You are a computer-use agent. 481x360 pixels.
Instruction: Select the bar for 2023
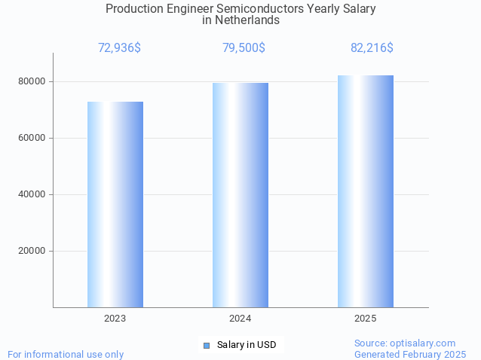tap(115, 204)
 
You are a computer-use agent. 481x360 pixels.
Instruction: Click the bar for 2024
tap(240, 195)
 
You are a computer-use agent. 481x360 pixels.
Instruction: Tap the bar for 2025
tap(366, 191)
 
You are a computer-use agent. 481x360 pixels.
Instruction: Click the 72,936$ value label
tap(119, 48)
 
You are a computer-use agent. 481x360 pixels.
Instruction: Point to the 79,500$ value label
tap(244, 48)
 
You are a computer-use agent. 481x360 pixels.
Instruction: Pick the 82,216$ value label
tap(372, 48)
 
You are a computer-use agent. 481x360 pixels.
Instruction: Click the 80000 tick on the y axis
tap(32, 81)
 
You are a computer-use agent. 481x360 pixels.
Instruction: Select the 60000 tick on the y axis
tap(32, 138)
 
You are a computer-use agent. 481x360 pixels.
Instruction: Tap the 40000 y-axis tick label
tap(32, 194)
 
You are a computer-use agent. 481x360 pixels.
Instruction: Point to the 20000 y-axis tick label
tap(32, 251)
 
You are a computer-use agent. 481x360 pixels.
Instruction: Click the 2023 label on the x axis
tap(115, 319)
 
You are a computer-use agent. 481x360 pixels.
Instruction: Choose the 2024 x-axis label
tap(240, 319)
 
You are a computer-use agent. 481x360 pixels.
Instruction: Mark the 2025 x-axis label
tap(366, 319)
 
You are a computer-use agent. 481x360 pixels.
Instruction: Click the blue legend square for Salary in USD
tap(206, 345)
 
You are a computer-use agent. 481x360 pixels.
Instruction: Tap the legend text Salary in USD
tap(247, 345)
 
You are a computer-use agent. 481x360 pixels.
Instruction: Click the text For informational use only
tap(66, 354)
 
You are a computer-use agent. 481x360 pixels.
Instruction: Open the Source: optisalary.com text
tap(405, 343)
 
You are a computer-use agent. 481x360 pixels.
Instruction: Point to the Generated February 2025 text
tap(410, 354)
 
